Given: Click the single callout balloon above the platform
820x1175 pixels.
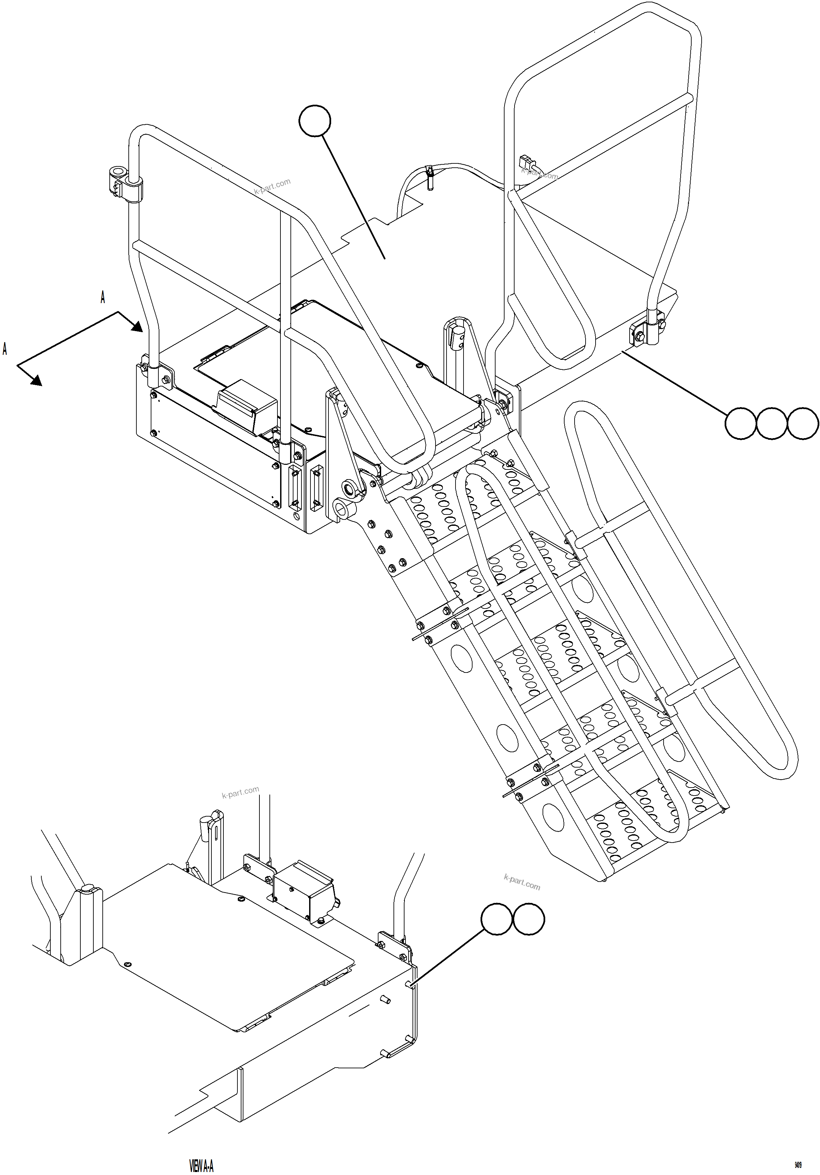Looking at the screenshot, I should coord(315,121).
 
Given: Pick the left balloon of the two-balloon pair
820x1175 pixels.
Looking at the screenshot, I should coord(497,920).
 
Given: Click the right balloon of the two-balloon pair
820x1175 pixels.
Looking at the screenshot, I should coord(529,920).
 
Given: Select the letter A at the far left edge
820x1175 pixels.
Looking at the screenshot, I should coord(5,349).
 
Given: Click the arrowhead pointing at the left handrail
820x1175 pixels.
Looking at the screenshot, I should coord(137,325).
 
